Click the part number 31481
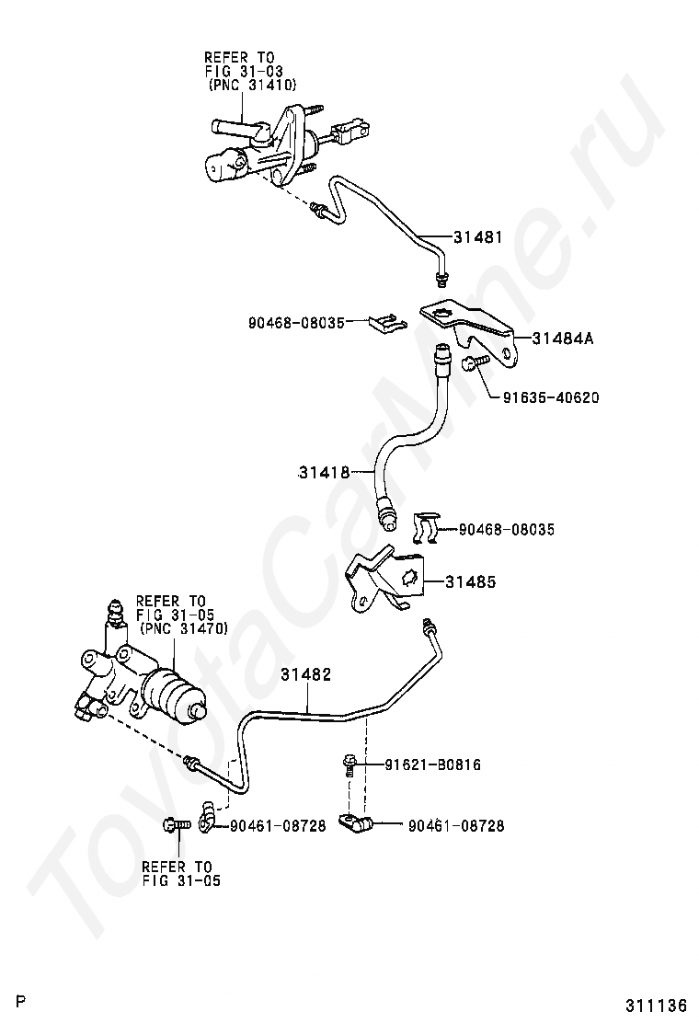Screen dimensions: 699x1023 point(478,236)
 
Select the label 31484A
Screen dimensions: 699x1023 point(563,338)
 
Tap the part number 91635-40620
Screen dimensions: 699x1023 point(551,397)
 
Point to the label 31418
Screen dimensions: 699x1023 point(324,472)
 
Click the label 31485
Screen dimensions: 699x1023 point(471,581)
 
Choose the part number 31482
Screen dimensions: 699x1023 point(305,674)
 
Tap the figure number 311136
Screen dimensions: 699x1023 point(658,1004)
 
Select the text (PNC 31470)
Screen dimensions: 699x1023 point(183,628)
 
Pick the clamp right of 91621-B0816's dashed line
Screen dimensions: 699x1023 point(355,823)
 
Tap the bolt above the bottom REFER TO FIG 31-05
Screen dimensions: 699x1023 point(175,825)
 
